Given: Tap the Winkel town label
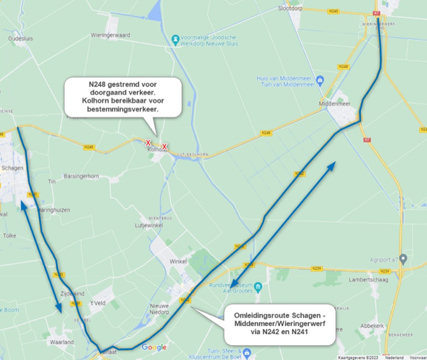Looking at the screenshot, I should [x=177, y=261].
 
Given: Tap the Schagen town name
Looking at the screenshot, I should [x=13, y=168].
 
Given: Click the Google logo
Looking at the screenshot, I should [x=153, y=347].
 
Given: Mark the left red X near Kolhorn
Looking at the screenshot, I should [x=148, y=142].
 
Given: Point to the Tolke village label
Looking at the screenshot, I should [x=10, y=235].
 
